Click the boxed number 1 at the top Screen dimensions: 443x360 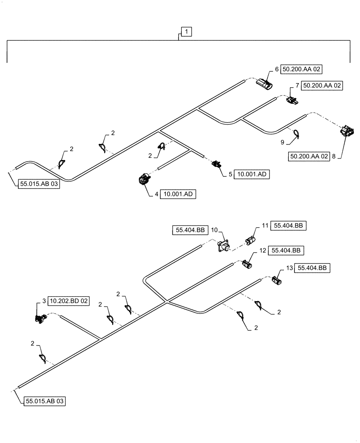pyautogui.click(x=187, y=31)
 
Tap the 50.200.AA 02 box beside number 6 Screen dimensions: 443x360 pyautogui.click(x=302, y=70)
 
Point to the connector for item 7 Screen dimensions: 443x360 pyautogui.click(x=292, y=101)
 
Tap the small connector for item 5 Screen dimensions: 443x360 pyautogui.click(x=217, y=165)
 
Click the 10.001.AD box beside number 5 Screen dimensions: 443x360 pyautogui.click(x=252, y=175)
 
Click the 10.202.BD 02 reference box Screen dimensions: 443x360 pyautogui.click(x=69, y=301)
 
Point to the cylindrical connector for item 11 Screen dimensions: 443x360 pyautogui.click(x=250, y=241)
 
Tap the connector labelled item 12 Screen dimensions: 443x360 pyautogui.click(x=247, y=265)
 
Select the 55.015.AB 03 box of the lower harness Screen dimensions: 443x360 pyautogui.click(x=45, y=401)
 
